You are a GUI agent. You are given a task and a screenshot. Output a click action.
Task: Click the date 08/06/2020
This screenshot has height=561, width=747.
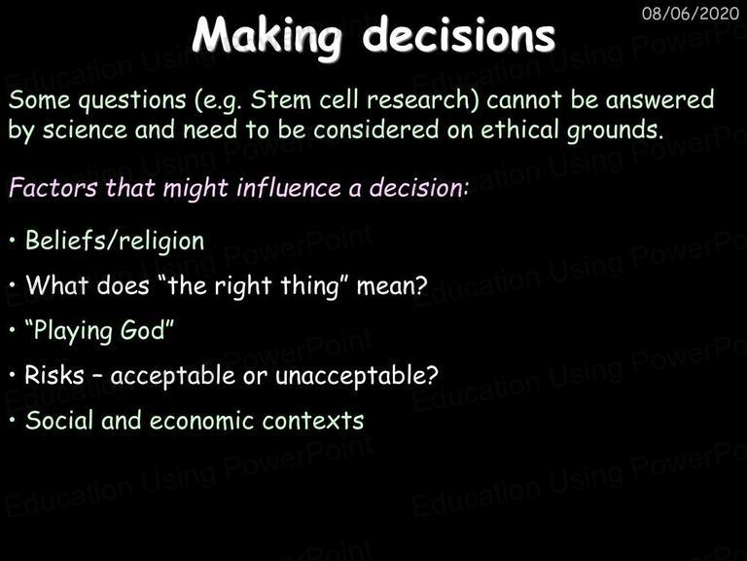(691, 14)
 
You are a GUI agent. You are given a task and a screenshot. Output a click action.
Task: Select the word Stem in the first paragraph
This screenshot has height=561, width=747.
(280, 99)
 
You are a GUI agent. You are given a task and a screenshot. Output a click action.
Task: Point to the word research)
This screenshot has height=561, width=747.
(422, 100)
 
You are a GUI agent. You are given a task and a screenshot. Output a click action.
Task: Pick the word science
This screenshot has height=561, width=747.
(85, 130)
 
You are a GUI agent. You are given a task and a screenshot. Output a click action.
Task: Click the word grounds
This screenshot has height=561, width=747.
(615, 131)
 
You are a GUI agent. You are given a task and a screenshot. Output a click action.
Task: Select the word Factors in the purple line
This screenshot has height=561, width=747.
(53, 187)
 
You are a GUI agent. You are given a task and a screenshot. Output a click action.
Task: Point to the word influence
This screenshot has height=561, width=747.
(289, 187)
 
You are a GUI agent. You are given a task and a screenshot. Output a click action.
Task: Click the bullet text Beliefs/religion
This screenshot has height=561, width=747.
(115, 241)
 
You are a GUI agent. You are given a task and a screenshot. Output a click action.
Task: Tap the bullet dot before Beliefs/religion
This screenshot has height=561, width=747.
(13, 241)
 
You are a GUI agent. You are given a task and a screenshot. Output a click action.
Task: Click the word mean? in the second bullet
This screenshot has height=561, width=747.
(392, 286)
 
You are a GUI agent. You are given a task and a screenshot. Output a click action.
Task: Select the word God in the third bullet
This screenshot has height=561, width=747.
(142, 329)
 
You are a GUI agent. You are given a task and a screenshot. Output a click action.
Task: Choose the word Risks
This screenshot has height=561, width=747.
(54, 375)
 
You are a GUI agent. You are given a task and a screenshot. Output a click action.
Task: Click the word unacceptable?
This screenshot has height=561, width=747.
(357, 375)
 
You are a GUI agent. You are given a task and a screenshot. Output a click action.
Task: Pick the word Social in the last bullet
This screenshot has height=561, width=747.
(59, 421)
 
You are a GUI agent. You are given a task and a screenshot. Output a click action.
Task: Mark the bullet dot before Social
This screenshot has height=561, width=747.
(13, 421)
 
